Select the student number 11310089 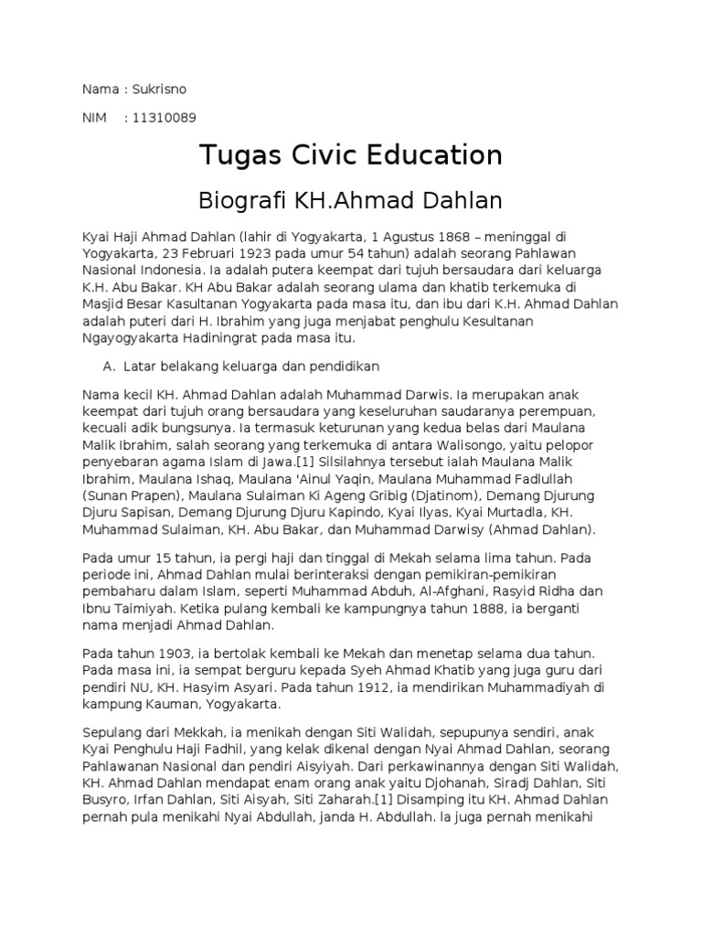point(165,118)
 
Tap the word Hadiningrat point(228,338)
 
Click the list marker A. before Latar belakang point(114,366)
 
